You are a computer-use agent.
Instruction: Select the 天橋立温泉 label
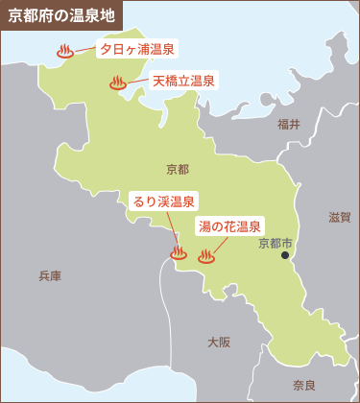[183, 81]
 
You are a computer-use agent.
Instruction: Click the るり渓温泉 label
[164, 201]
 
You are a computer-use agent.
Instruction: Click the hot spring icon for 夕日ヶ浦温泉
[65, 52]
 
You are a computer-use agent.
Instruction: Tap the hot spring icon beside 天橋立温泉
[118, 83]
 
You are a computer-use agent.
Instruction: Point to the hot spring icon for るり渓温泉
[178, 254]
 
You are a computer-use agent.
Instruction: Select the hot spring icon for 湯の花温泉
[205, 256]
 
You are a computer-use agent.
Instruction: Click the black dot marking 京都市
[285, 256]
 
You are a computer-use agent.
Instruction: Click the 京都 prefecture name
[178, 169]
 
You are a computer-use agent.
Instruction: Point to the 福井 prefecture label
[288, 124]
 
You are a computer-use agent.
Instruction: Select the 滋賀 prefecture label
[340, 217]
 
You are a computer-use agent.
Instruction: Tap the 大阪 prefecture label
[219, 342]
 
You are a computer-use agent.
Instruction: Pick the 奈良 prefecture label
[304, 385]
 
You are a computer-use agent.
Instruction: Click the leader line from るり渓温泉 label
[172, 230]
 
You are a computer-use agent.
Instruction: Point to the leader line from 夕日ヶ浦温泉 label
[85, 50]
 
